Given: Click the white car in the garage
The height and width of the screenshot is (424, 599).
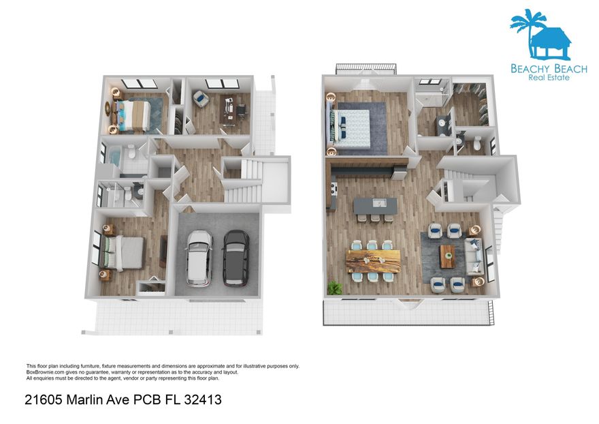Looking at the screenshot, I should [199, 257].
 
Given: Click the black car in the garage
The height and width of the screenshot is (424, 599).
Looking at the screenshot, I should [236, 257].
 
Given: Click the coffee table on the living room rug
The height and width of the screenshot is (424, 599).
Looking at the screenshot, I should [447, 256].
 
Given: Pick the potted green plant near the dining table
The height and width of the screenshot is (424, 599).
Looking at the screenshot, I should [334, 288].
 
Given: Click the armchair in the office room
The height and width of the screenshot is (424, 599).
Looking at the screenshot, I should [201, 100].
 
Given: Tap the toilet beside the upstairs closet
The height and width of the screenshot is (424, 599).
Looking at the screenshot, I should [476, 142].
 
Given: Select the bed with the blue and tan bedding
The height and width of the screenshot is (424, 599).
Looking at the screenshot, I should [138, 115].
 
